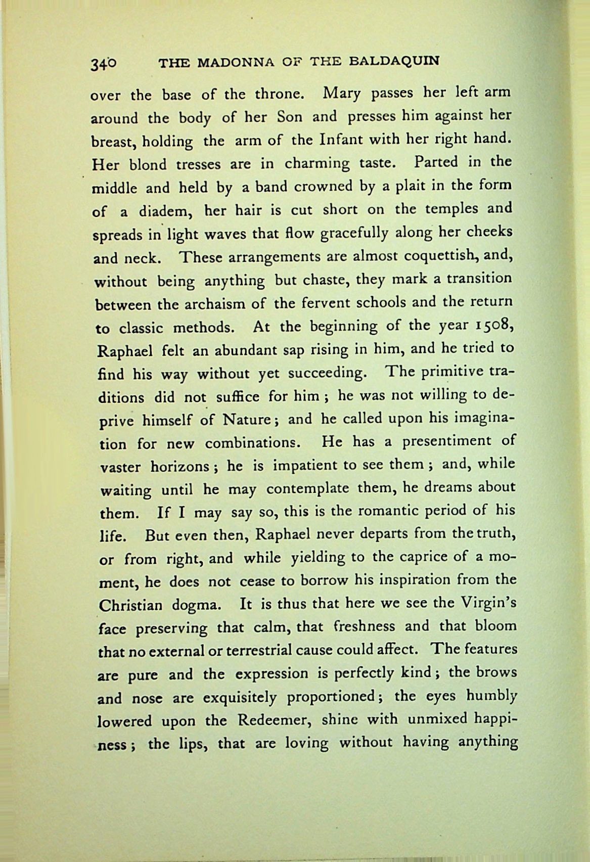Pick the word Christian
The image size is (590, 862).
tap(130, 605)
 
